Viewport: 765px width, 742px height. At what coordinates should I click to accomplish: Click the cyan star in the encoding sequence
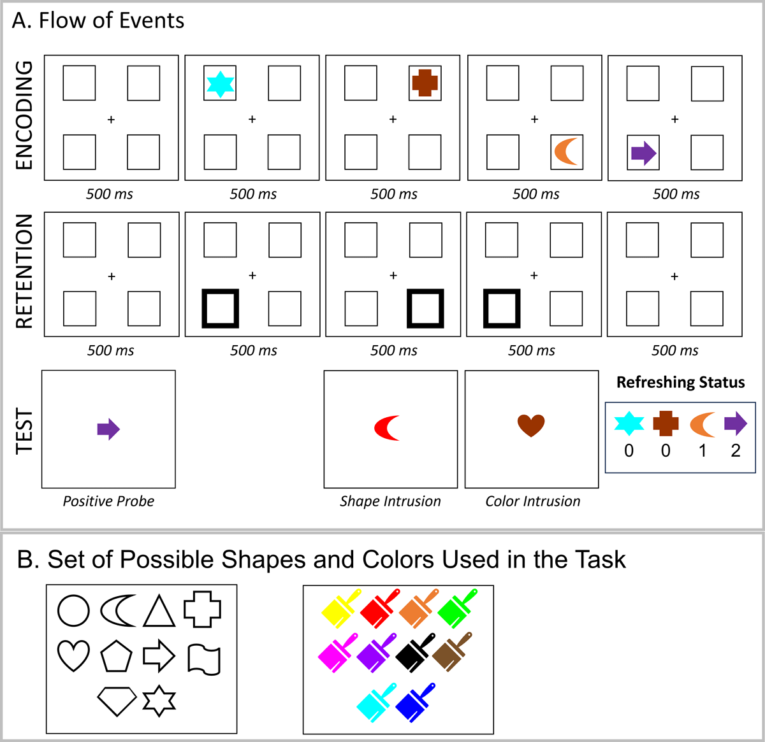click(x=220, y=84)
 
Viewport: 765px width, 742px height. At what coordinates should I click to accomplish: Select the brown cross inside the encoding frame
click(x=425, y=83)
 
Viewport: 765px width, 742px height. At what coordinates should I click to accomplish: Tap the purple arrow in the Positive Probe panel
click(x=108, y=429)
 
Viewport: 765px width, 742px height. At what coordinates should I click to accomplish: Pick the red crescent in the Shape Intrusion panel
click(x=387, y=428)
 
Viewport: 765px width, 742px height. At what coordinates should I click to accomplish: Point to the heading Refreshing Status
click(x=680, y=382)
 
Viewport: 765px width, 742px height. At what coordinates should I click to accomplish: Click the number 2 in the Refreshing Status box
click(x=736, y=450)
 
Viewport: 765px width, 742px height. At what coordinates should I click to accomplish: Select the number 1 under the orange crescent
click(x=703, y=450)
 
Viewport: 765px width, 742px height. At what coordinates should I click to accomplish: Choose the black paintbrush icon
click(x=415, y=652)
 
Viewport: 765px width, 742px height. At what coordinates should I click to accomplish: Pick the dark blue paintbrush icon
click(x=415, y=703)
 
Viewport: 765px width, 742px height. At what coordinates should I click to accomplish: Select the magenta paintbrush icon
click(x=338, y=652)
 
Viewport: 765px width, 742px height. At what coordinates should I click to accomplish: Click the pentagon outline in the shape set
click(x=116, y=657)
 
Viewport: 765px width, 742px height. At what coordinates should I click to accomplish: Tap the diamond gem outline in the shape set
click(x=117, y=701)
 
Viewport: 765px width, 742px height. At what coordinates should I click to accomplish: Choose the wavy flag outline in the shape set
click(x=204, y=659)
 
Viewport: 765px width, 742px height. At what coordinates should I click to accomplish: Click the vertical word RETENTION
click(x=24, y=271)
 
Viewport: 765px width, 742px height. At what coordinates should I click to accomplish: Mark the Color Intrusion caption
click(x=533, y=501)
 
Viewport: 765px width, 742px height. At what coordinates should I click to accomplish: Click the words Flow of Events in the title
click(x=112, y=20)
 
